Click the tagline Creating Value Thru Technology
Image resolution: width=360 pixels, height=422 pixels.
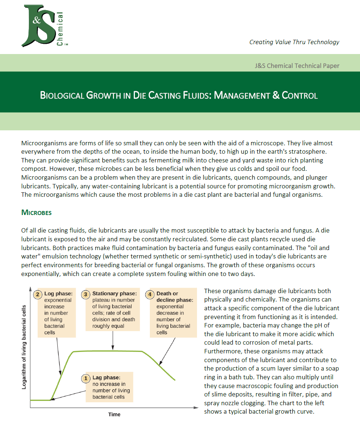(x=294, y=42)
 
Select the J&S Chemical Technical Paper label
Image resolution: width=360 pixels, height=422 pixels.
(x=297, y=66)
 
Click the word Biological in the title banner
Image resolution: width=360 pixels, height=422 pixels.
(x=62, y=96)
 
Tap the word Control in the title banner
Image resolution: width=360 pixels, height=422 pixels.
(x=299, y=96)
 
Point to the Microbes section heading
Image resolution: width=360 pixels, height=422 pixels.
(x=37, y=212)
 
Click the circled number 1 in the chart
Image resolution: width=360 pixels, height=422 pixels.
(x=86, y=378)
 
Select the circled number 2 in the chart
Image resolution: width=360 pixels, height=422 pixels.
(x=38, y=294)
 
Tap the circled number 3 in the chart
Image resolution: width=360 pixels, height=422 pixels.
(x=86, y=294)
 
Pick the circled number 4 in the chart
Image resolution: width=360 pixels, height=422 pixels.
(x=150, y=294)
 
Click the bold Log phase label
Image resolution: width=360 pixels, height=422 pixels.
(x=58, y=294)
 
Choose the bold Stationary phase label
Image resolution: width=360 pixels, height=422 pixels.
(x=114, y=294)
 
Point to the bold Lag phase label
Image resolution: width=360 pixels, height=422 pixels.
(x=106, y=378)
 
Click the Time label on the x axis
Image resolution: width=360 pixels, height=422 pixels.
(x=114, y=414)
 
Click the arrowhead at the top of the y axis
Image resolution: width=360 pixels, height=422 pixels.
(x=30, y=289)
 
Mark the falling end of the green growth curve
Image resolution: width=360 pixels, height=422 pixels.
(x=174, y=380)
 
